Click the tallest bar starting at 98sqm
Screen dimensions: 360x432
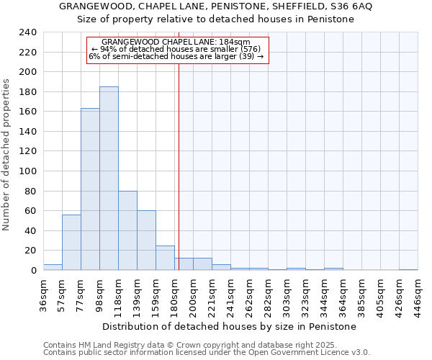[109, 179]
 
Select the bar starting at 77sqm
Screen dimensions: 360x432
[90, 189]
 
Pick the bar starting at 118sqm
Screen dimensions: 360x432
[127, 230]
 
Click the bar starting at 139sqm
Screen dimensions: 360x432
[146, 240]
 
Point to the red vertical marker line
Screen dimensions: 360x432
[179, 166]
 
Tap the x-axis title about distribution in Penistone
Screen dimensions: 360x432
[229, 326]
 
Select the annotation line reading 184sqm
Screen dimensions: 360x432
[176, 42]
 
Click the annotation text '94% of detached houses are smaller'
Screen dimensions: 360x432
[176, 49]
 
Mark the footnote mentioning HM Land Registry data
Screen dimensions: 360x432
[206, 345]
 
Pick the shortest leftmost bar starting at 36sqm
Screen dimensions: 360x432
[53, 267]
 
